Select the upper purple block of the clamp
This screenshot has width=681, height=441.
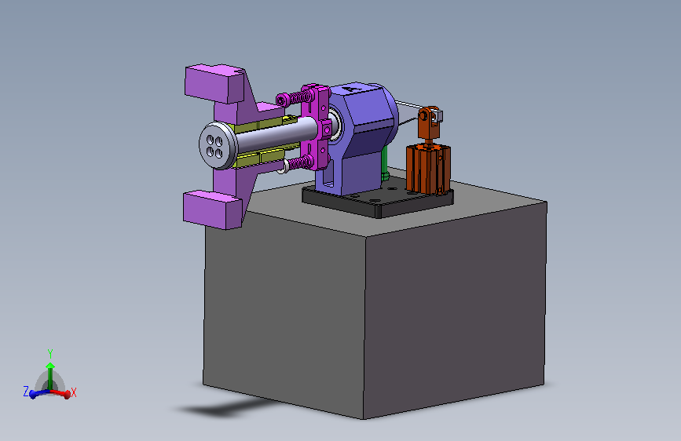(x=214, y=83)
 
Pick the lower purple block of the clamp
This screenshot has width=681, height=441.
(x=212, y=210)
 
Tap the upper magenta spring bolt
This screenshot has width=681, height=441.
(x=295, y=97)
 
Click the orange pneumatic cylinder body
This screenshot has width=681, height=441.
(x=428, y=169)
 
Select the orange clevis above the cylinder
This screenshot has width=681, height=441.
(x=429, y=122)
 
